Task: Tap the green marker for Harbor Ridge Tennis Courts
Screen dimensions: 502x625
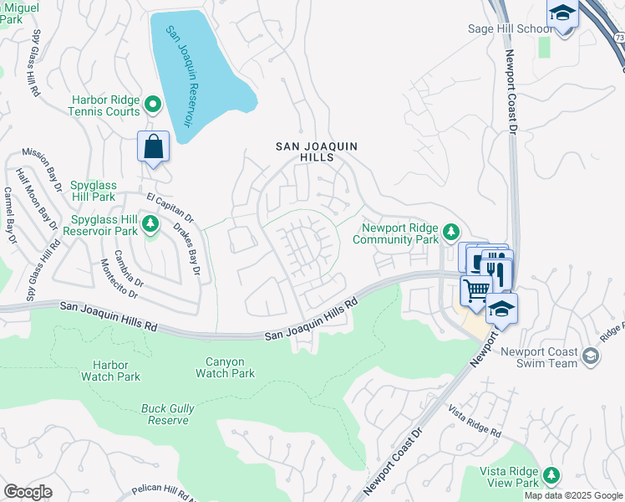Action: pyautogui.click(x=152, y=104)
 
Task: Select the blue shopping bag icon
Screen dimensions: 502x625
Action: pyautogui.click(x=154, y=146)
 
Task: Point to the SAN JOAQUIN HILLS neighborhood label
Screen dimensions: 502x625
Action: pyautogui.click(x=317, y=151)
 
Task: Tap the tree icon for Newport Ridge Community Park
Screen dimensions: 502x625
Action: pyautogui.click(x=451, y=230)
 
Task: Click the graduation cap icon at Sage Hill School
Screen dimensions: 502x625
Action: pyautogui.click(x=562, y=14)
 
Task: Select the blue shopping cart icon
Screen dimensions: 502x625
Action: pyautogui.click(x=475, y=290)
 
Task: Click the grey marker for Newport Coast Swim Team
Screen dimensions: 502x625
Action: pyautogui.click(x=591, y=357)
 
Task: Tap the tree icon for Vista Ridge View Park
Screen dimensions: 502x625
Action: pyautogui.click(x=551, y=476)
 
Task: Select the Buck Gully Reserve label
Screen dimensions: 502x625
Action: pyautogui.click(x=165, y=414)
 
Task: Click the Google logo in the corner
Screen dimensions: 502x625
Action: pyautogui.click(x=28, y=492)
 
